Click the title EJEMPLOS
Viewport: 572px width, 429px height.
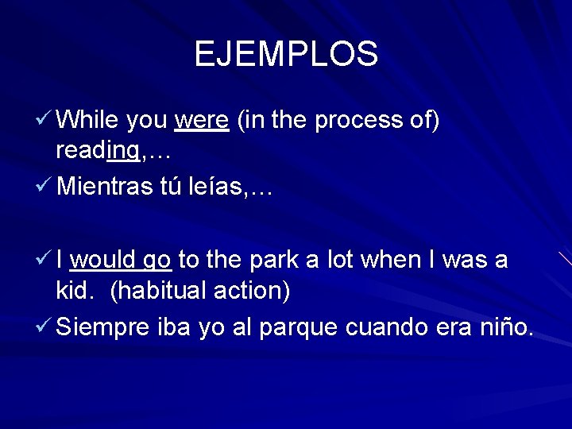point(286,54)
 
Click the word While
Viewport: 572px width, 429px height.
point(87,120)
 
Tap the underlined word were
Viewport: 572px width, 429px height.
point(202,121)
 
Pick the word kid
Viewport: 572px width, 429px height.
point(77,290)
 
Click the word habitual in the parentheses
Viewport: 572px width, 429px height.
point(160,291)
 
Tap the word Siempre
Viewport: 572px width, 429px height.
point(103,327)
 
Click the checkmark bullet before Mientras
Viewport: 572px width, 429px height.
point(45,188)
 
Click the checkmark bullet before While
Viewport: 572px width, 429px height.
point(45,120)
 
